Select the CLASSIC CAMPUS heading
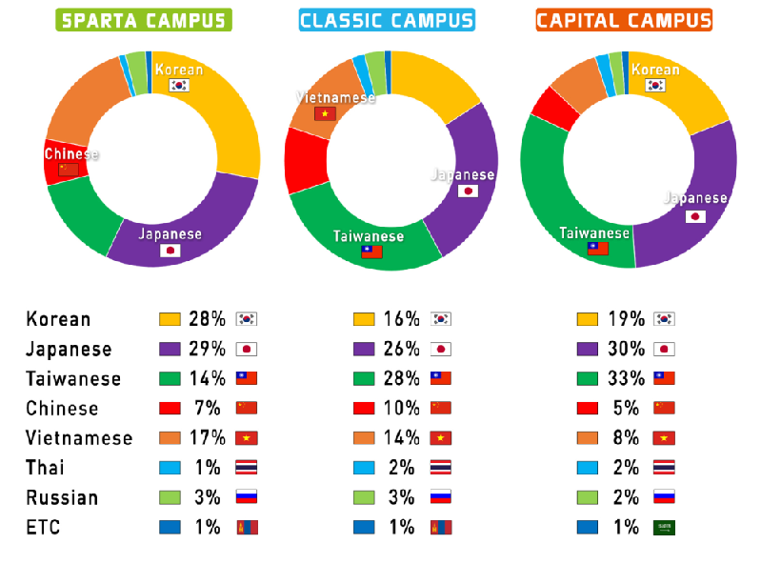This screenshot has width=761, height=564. (x=387, y=21)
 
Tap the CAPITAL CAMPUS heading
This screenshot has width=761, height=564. (x=625, y=21)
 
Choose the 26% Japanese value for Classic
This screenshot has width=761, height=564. (x=402, y=349)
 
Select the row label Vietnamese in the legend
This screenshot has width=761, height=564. (x=79, y=437)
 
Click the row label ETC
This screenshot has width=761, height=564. (x=43, y=527)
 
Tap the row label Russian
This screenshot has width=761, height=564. (x=62, y=497)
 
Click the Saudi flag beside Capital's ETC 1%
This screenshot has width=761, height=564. (x=664, y=527)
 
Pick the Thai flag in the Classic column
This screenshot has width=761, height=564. (x=440, y=467)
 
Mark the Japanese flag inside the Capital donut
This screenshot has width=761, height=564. (x=696, y=216)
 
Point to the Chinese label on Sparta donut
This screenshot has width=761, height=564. (x=71, y=153)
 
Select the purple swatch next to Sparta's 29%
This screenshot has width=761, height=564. (x=170, y=349)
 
